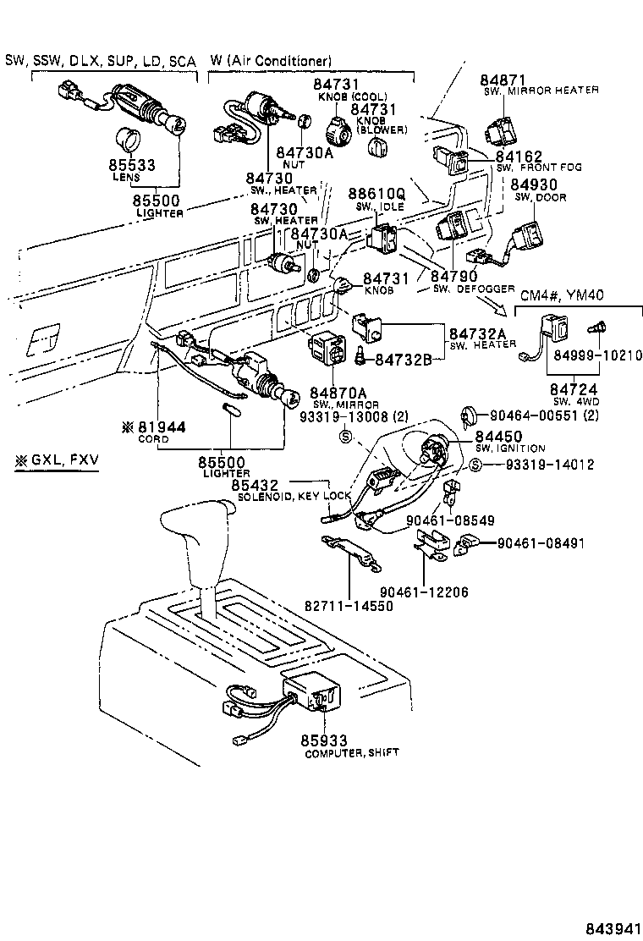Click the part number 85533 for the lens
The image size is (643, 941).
point(131,164)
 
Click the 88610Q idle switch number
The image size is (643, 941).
point(376,194)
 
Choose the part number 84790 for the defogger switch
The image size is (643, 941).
point(454,276)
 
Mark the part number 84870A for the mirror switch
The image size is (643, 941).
point(338,393)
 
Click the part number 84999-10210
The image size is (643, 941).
point(591,354)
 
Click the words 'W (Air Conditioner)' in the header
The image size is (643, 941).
point(270,61)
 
